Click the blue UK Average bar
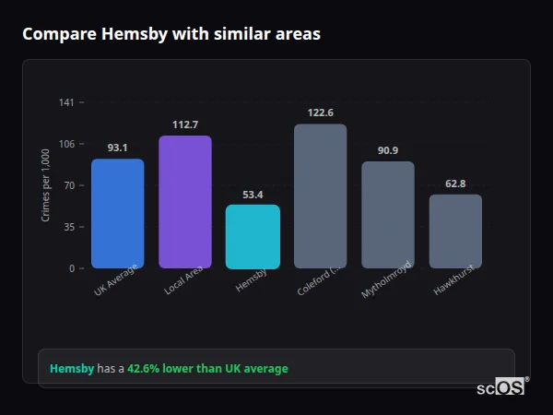click(117, 214)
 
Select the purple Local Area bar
click(185, 202)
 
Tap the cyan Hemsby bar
click(253, 237)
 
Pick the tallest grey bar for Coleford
click(320, 196)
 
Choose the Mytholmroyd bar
click(388, 215)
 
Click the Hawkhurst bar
click(455, 231)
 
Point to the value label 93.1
click(117, 148)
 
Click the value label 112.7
click(185, 125)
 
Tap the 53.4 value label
click(253, 195)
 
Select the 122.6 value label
click(320, 113)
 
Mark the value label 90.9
click(388, 150)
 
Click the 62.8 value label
click(455, 184)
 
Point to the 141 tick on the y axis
click(66, 102)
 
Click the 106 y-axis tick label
click(66, 144)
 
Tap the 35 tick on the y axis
click(69, 227)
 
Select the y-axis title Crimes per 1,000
click(46, 185)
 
